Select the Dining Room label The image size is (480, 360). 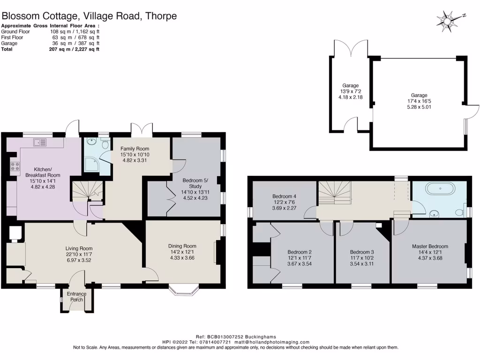click(x=182, y=246)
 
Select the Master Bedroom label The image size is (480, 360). click(x=430, y=246)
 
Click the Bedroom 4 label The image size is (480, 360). click(x=284, y=196)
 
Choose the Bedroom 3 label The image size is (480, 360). click(x=362, y=251)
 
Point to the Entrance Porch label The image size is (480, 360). click(x=76, y=297)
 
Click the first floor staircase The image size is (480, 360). click(x=335, y=192)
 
